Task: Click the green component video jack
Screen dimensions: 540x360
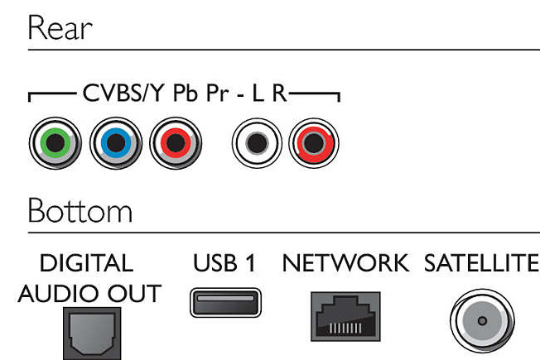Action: click(55, 143)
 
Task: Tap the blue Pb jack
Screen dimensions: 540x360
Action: click(116, 143)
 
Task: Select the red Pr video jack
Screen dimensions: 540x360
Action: click(176, 143)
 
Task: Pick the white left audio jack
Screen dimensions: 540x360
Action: click(257, 143)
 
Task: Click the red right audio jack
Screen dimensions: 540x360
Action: click(314, 143)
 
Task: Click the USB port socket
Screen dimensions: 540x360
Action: click(225, 303)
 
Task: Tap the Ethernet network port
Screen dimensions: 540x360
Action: click(345, 317)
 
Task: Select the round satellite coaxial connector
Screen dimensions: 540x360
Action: click(482, 321)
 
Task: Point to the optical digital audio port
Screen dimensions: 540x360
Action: click(92, 334)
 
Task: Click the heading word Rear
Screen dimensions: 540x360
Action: click(60, 27)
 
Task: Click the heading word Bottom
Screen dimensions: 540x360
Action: click(80, 211)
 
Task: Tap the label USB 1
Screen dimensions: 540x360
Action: click(224, 263)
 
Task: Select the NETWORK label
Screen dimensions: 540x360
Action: click(345, 263)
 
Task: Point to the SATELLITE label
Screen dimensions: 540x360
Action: click(481, 263)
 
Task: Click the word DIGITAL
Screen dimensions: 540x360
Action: click(86, 263)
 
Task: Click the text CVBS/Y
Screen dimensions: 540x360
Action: click(123, 93)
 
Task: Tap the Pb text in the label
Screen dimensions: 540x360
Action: click(186, 93)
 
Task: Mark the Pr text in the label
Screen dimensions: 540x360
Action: click(217, 94)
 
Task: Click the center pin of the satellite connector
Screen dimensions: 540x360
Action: click(482, 321)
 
